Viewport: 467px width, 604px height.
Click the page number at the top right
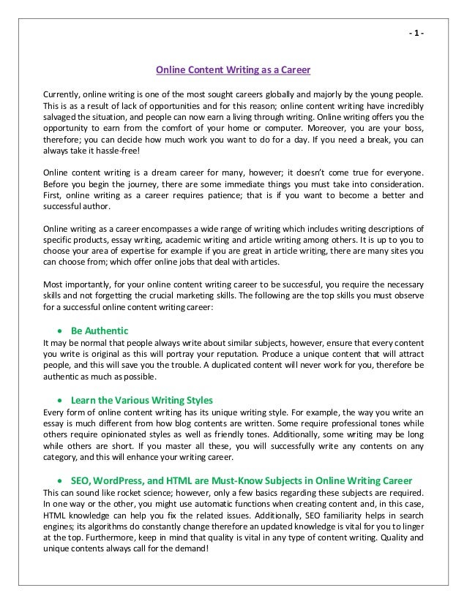[x=415, y=34]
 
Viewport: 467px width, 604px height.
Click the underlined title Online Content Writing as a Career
[x=233, y=70]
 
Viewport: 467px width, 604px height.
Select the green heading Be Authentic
[x=100, y=330]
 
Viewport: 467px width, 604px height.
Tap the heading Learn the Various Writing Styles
[x=142, y=400]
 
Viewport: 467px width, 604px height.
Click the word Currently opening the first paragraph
[x=61, y=95]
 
